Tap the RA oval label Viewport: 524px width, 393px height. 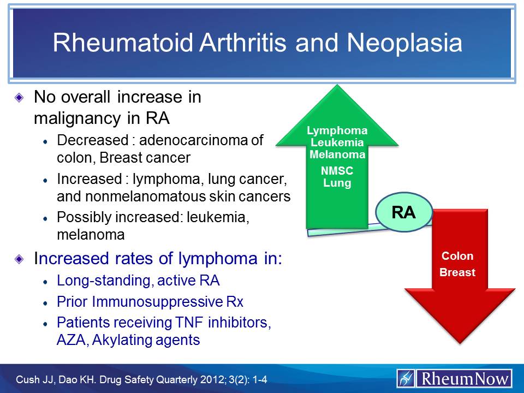click(x=404, y=212)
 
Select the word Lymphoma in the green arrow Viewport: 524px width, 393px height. click(x=337, y=131)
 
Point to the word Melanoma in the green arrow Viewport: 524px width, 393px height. click(x=337, y=154)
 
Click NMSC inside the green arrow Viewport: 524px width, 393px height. click(x=337, y=171)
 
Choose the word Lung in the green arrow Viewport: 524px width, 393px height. click(x=337, y=183)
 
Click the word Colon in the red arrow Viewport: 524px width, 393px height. click(x=457, y=257)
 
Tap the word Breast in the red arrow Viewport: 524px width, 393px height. click(x=457, y=272)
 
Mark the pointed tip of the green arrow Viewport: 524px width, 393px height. click(x=337, y=86)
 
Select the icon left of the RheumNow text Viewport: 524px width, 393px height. click(x=406, y=378)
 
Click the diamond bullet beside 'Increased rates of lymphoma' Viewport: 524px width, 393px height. click(x=20, y=258)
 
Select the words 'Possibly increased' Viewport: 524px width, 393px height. click(x=104, y=218)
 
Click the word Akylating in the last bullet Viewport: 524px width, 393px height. click(x=117, y=340)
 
